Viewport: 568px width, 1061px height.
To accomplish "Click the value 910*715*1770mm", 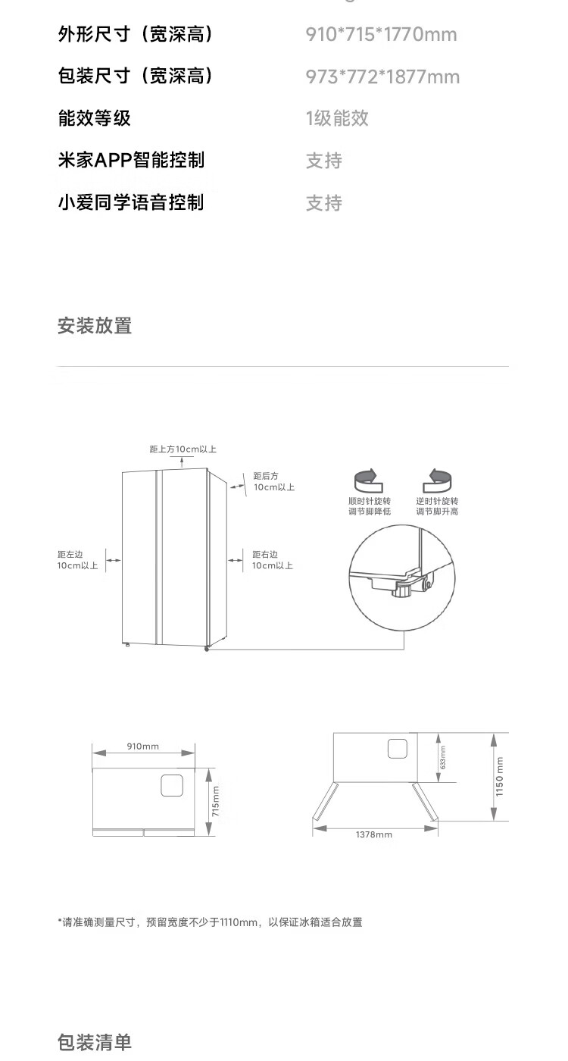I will [x=381, y=35].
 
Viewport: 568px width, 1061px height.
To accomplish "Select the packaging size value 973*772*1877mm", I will [x=382, y=77].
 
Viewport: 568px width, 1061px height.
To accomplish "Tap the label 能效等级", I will [x=95, y=118].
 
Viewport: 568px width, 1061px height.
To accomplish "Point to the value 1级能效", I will [x=337, y=118].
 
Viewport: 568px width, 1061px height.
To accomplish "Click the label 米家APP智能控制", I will [x=131, y=161].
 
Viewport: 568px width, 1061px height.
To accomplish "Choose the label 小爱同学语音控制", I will [x=131, y=203].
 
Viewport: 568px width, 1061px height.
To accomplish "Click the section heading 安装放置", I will [x=95, y=326].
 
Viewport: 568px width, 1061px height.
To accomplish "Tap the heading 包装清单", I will [x=95, y=1042].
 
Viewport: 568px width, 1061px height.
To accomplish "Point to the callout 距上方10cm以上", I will [x=183, y=449].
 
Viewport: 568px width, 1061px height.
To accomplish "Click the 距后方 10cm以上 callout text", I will [x=273, y=481].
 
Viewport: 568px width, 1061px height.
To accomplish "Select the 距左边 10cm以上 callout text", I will [x=77, y=560].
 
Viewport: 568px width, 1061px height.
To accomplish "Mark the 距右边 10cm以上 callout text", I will [x=272, y=560].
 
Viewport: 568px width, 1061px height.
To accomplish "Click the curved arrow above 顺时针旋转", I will [x=369, y=479].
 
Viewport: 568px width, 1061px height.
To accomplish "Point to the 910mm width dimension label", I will [x=143, y=746].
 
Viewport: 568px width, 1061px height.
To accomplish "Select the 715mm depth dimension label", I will [x=216, y=801].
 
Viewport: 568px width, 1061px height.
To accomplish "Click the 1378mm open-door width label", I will [x=374, y=834].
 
